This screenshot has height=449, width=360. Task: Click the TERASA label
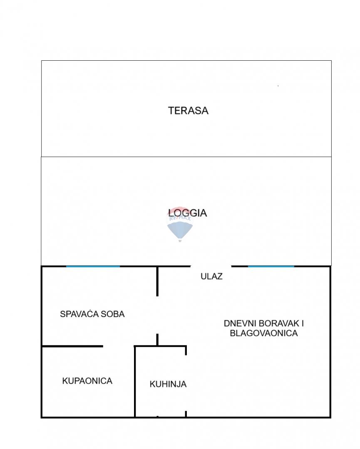click(188, 111)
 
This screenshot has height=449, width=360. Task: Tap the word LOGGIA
click(188, 213)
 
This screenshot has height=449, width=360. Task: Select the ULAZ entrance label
click(211, 276)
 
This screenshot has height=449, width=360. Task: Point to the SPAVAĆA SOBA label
click(92, 314)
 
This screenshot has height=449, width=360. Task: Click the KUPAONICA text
click(87, 381)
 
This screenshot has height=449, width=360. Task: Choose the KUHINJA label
click(168, 385)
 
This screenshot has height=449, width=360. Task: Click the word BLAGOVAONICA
click(263, 333)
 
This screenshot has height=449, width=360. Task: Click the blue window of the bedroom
click(93, 266)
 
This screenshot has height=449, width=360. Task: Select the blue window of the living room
click(271, 266)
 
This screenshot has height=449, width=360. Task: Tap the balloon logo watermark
click(180, 227)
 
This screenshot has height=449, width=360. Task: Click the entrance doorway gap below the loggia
click(211, 266)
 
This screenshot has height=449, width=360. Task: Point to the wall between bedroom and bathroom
click(72, 346)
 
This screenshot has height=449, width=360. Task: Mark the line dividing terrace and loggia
click(186, 157)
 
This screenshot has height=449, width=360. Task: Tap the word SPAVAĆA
click(79, 314)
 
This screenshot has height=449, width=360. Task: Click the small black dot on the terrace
click(278, 86)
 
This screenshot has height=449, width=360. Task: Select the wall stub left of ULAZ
click(157, 281)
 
